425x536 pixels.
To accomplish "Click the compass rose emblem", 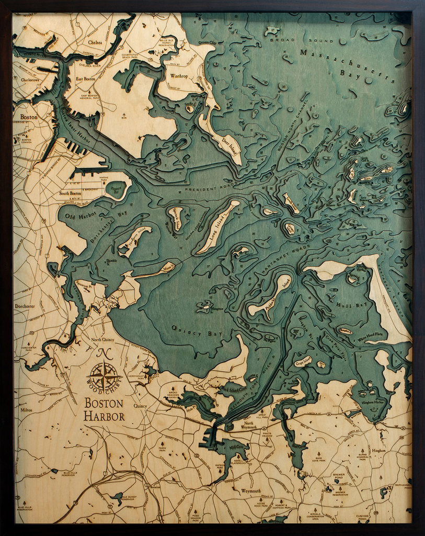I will [104, 375].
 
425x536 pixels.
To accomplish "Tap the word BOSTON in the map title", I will [104, 404].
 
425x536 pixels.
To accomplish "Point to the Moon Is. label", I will [167, 267].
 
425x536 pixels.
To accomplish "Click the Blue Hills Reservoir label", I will [70, 473].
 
